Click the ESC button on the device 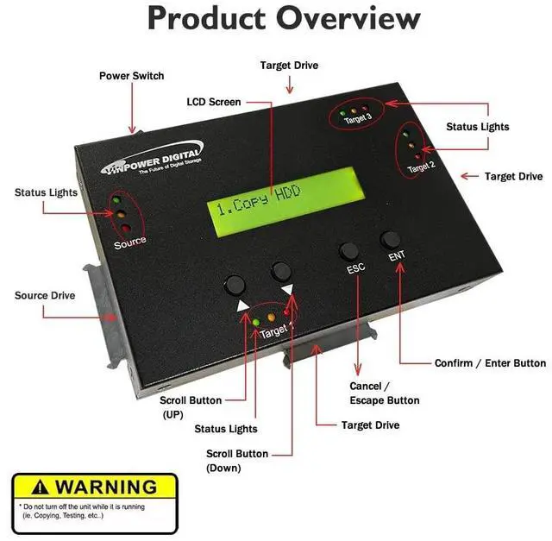(348, 251)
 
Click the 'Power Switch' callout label (131, 76)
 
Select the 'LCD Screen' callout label (213, 102)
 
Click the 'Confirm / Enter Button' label (490, 363)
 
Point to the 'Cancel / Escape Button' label (384, 393)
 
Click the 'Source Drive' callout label (45, 295)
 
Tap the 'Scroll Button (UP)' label (191, 407)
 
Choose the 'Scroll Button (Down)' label (236, 461)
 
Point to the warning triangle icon (35, 487)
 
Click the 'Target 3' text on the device (357, 120)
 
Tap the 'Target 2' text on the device (420, 167)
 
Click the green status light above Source (115, 199)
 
